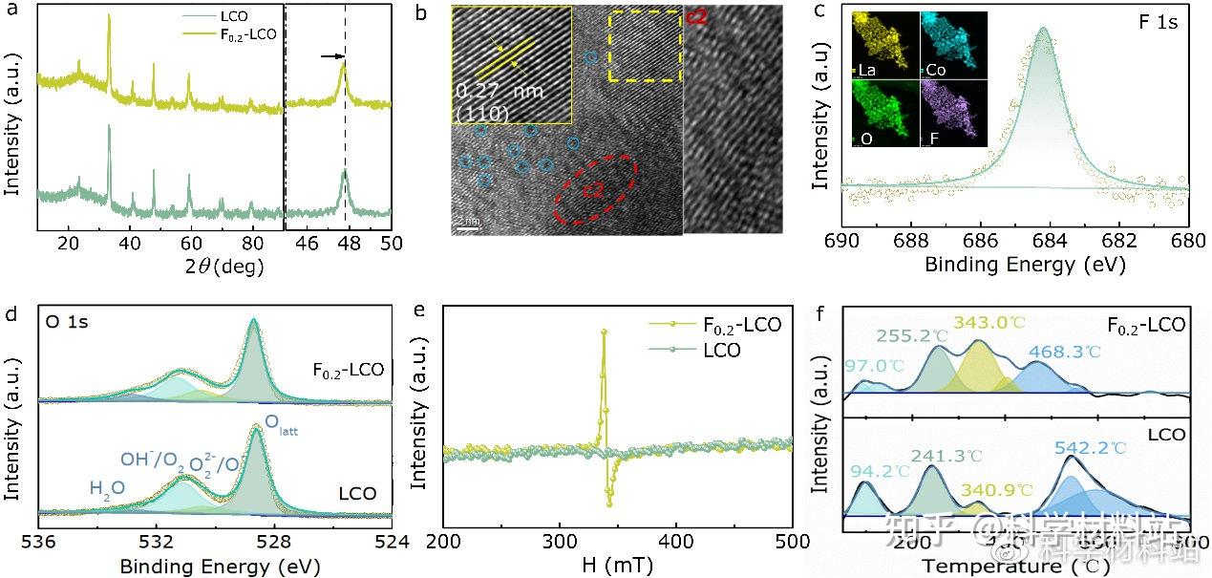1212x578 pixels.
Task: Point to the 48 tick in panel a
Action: [345, 243]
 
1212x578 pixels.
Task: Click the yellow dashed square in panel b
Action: [644, 47]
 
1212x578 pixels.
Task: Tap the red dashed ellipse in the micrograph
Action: [595, 188]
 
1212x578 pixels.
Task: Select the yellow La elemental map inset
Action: [885, 44]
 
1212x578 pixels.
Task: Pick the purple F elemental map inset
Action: [953, 112]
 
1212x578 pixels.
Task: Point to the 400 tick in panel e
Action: [676, 541]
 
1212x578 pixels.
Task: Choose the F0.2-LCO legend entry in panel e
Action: [735, 325]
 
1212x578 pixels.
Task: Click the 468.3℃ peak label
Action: [1064, 352]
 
